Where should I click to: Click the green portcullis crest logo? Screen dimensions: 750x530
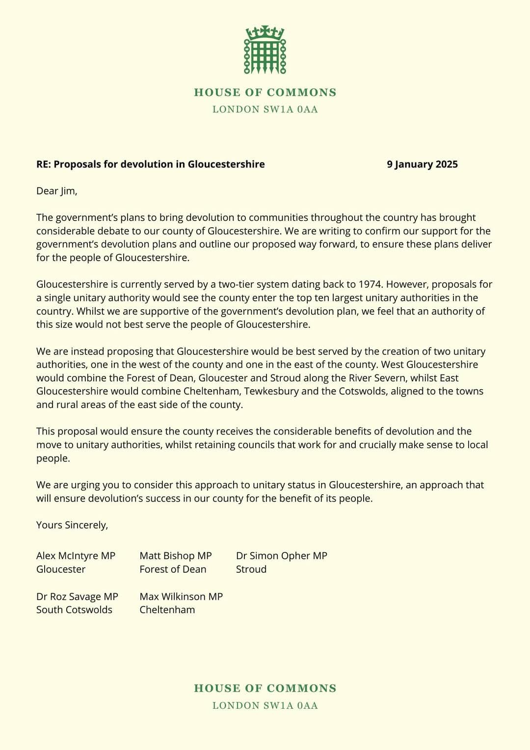pyautogui.click(x=265, y=50)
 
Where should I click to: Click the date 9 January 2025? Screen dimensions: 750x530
pyautogui.click(x=422, y=164)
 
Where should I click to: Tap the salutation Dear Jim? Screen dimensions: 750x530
pyautogui.click(x=56, y=191)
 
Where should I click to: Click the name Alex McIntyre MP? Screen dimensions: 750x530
pyautogui.click(x=76, y=556)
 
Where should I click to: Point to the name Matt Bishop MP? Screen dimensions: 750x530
pyautogui.click(x=175, y=556)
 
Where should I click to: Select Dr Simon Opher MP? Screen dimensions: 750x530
pyautogui.click(x=281, y=556)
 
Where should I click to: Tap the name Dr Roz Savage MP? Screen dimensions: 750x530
pyautogui.click(x=77, y=596)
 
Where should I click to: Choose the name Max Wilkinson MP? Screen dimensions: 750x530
pyautogui.click(x=181, y=596)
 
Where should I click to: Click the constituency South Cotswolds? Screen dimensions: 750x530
pyautogui.click(x=74, y=610)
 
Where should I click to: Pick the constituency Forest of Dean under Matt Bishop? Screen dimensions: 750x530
pyautogui.click(x=173, y=569)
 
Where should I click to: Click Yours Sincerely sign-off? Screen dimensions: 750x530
pyautogui.click(x=72, y=525)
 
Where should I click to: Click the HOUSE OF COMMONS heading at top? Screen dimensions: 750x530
pyautogui.click(x=265, y=92)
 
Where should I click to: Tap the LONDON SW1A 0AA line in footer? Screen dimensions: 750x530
pyautogui.click(x=265, y=705)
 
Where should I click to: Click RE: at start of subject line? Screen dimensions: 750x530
pyautogui.click(x=43, y=164)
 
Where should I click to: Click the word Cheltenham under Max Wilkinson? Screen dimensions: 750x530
pyautogui.click(x=167, y=610)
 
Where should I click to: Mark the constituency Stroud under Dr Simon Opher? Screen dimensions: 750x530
pyautogui.click(x=251, y=569)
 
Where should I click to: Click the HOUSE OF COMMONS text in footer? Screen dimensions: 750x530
pyautogui.click(x=265, y=688)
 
